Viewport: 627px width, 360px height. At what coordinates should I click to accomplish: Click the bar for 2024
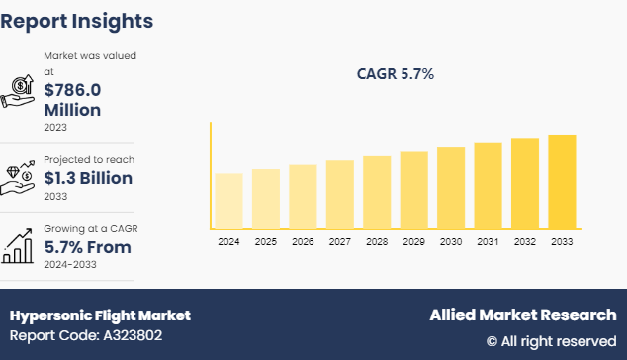tap(228, 201)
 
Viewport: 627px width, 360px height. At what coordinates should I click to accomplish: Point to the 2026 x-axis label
tap(303, 241)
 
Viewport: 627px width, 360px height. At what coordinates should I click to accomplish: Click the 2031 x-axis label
tap(488, 241)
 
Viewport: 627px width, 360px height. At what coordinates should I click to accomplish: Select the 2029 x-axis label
tap(413, 241)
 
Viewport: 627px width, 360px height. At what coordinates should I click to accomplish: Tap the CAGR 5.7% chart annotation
tap(395, 74)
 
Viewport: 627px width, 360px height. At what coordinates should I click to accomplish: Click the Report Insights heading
tap(77, 20)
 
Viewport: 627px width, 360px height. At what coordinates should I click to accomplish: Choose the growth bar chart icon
tap(20, 245)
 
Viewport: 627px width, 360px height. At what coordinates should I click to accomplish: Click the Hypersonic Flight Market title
tap(100, 315)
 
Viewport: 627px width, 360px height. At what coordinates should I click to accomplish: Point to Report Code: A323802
tap(88, 336)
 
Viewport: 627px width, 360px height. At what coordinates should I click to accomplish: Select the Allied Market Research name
tap(522, 315)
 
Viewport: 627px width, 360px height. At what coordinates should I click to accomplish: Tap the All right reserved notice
tap(551, 340)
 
